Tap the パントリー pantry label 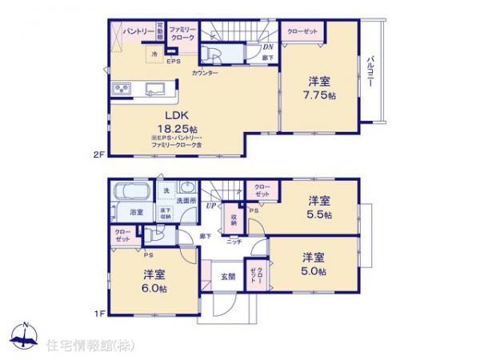tap(138, 30)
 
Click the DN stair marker tap(267, 47)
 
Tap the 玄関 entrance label tap(228, 277)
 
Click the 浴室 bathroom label tap(137, 212)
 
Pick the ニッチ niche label tap(234, 241)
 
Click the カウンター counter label tap(205, 73)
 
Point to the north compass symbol tap(25, 335)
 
